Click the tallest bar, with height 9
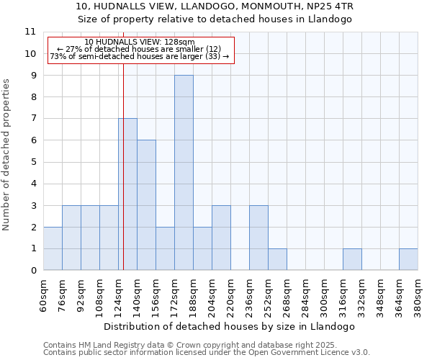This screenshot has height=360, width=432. click(184, 173)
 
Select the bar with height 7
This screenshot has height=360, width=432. click(128, 194)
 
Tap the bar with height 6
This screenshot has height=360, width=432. click(146, 205)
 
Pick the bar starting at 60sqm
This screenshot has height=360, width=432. click(53, 248)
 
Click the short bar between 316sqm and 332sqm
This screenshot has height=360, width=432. click(352, 259)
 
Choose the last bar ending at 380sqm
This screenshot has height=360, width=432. click(408, 259)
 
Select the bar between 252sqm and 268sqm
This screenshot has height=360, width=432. click(277, 259)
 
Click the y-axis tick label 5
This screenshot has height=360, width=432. click(32, 162)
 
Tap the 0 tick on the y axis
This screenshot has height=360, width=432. click(32, 271)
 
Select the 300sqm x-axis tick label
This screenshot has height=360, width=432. click(325, 295)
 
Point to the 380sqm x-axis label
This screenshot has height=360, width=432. click(418, 295)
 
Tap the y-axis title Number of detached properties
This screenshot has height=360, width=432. click(6, 156)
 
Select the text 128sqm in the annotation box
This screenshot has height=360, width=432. click(179, 42)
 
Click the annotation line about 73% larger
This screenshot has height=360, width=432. click(140, 56)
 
